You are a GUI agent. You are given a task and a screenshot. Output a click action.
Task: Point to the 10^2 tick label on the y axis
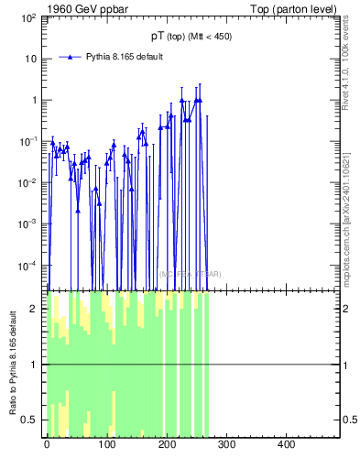point(28,17)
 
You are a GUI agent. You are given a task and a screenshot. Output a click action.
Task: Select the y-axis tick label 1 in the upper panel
point(35,100)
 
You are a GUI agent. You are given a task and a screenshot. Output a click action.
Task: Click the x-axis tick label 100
point(106,445)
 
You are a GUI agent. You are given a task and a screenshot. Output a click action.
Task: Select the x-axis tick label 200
point(167,445)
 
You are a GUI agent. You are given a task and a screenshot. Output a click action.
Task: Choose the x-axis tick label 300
point(227,445)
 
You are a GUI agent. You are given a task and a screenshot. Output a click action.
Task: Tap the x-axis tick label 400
point(287,445)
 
